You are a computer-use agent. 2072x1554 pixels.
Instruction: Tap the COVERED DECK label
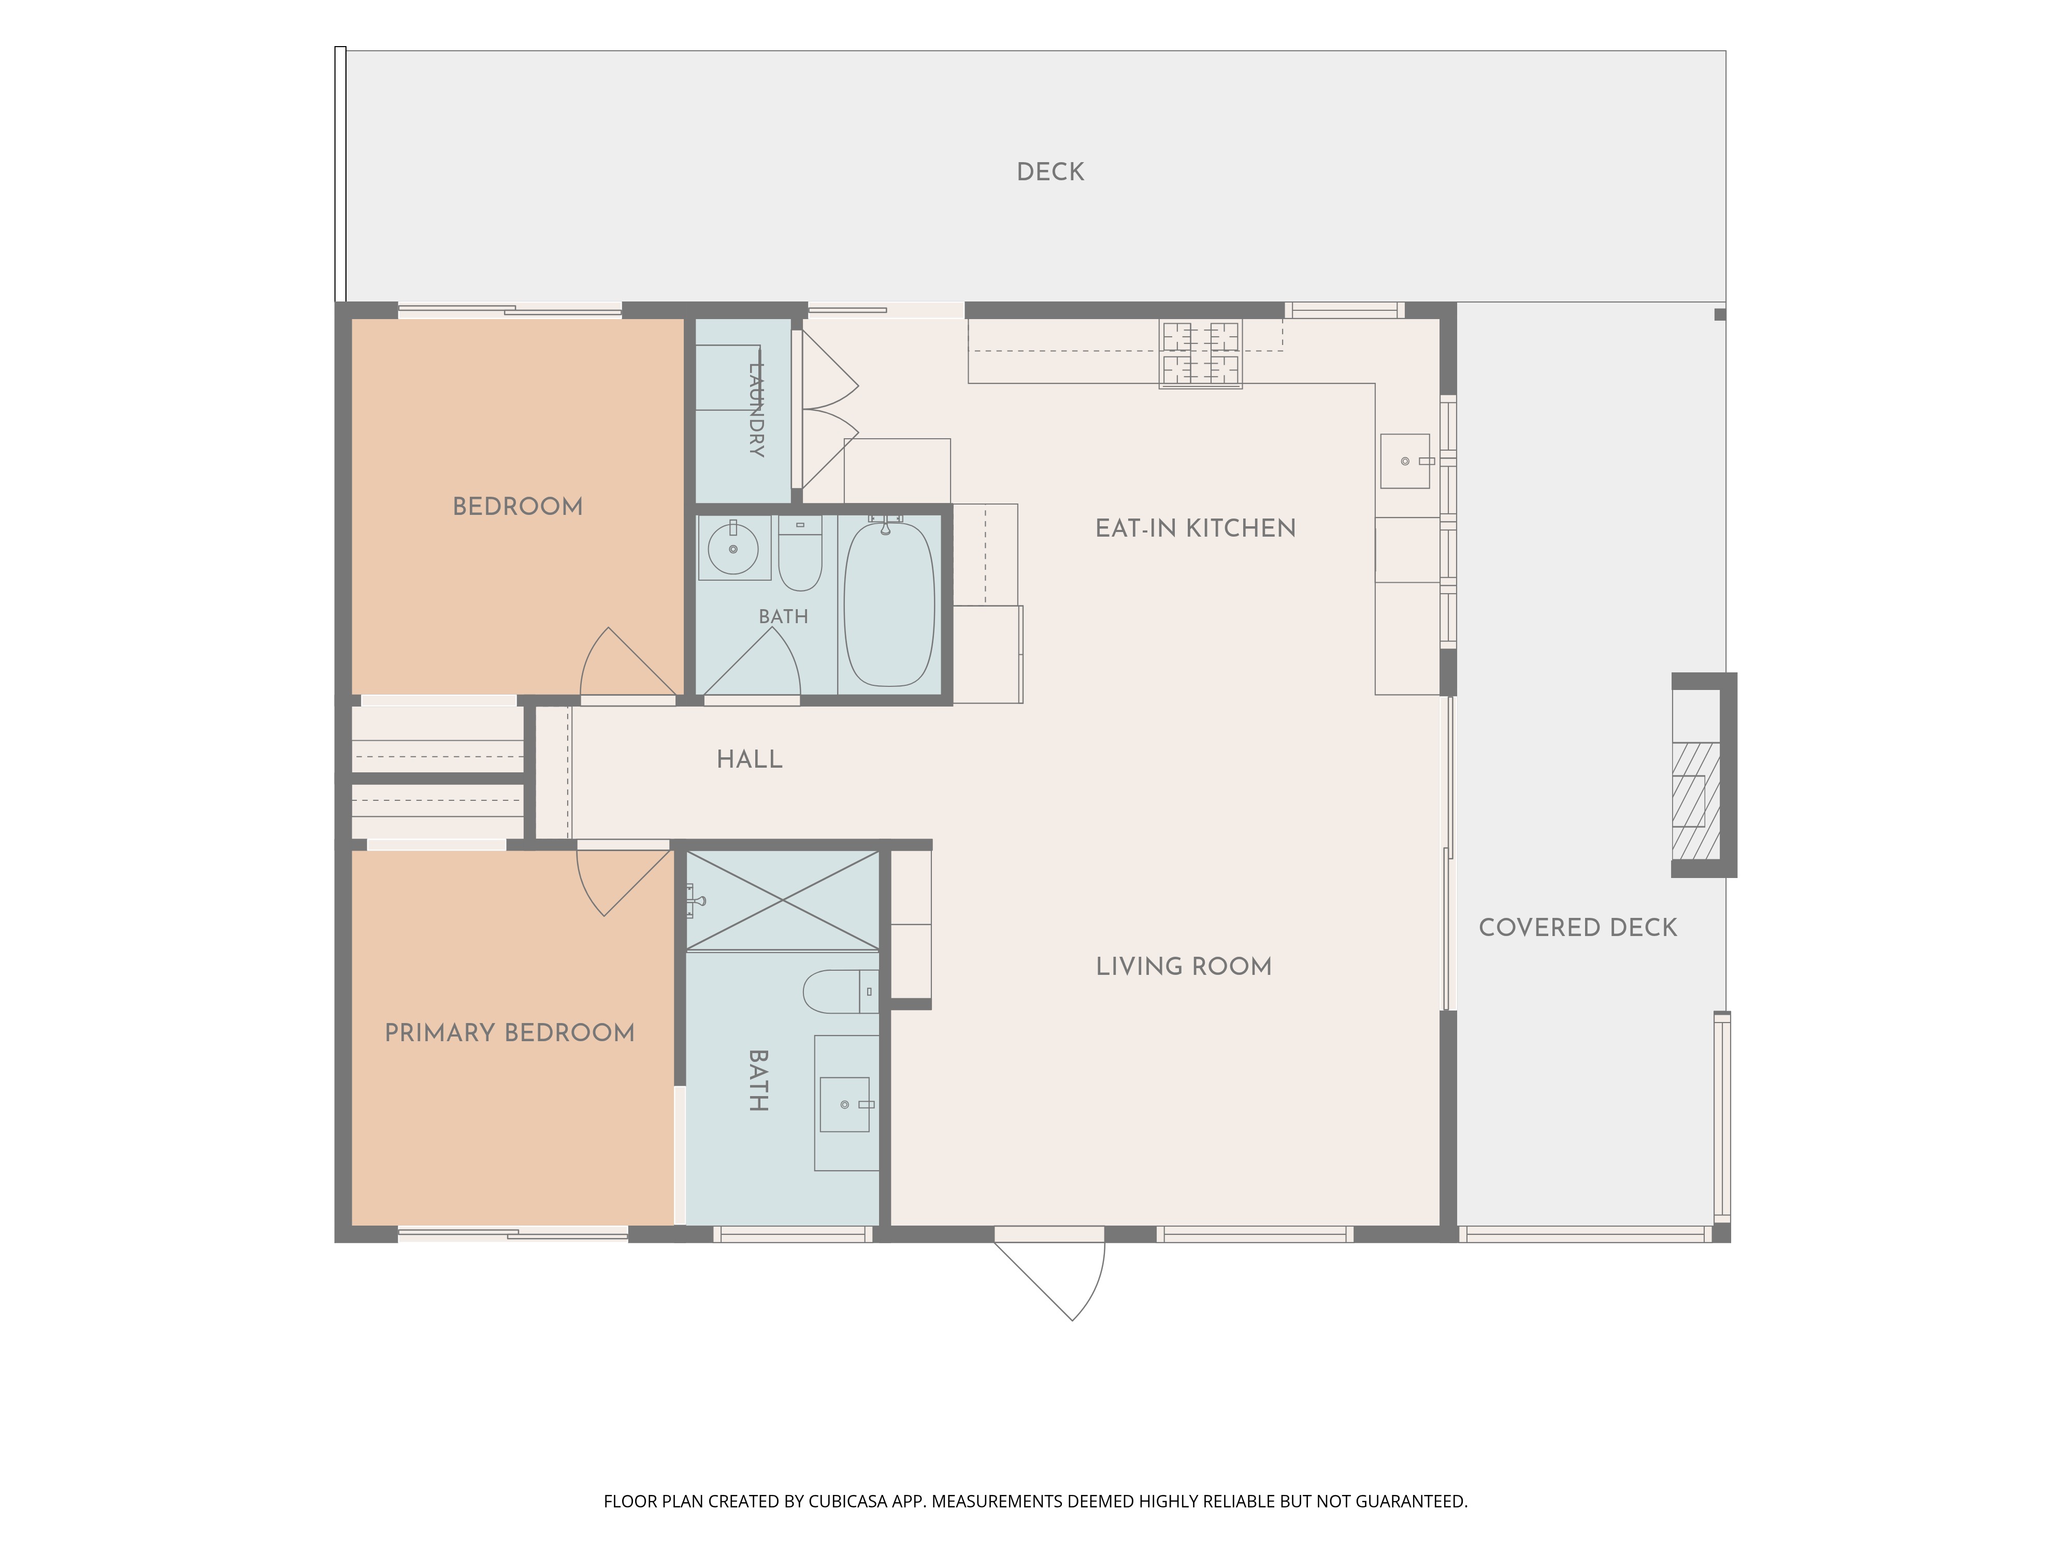tap(1577, 927)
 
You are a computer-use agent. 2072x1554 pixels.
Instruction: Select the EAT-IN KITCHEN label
tap(1195, 528)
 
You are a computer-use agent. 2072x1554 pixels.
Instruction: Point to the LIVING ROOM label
tap(1184, 967)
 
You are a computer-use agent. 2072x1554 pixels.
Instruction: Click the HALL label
tap(750, 760)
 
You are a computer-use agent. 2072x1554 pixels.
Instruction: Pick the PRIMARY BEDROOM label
tap(510, 1033)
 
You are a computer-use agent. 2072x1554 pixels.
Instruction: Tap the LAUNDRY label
tap(756, 409)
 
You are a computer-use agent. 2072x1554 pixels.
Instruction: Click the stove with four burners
tap(1201, 354)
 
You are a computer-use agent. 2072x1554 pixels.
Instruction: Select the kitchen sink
tap(1405, 461)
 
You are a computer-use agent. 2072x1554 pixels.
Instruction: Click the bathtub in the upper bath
tap(889, 604)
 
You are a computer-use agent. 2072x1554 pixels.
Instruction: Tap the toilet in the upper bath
tap(800, 555)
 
